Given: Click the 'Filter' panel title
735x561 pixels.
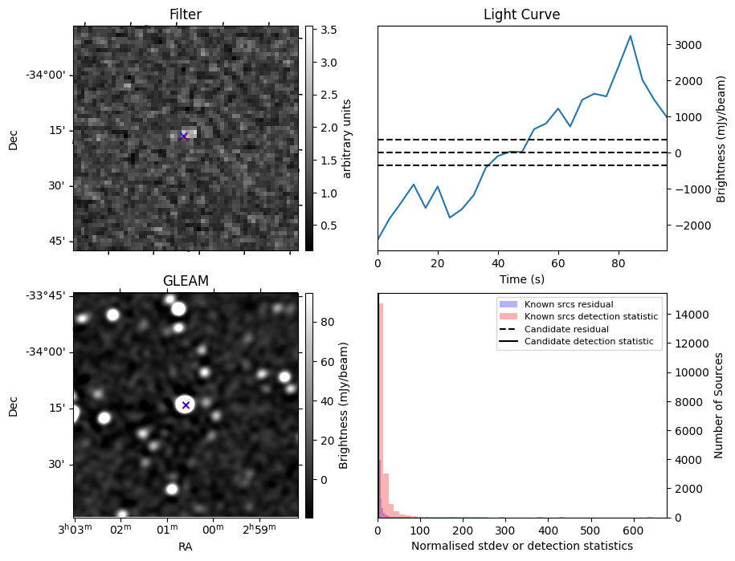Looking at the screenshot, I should point(185,14).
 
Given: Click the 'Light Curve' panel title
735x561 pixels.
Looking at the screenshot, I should point(521,14).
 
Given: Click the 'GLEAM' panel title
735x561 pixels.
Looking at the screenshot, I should point(186,281).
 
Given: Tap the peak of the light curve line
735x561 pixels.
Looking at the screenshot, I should point(630,36).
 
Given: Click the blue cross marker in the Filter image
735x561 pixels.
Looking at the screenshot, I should point(183,136).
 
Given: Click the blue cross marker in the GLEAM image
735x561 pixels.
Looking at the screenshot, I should point(186,405).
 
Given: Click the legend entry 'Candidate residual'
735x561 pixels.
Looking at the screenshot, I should point(566,330).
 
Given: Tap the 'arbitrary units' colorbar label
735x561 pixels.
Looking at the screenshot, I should point(347,138).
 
